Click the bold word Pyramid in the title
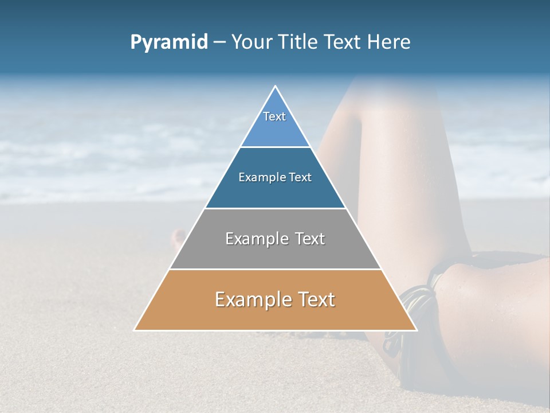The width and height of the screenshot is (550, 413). click(169, 42)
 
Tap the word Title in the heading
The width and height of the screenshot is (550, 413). click(298, 42)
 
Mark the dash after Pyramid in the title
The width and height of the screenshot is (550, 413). click(219, 42)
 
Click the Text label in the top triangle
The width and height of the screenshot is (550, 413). click(274, 116)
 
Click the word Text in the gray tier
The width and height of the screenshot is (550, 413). click(311, 239)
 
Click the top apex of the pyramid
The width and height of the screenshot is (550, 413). click(276, 87)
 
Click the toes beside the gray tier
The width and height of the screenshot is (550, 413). click(178, 238)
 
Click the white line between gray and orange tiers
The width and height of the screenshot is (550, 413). click(275, 269)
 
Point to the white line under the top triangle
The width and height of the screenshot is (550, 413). click(275, 147)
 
